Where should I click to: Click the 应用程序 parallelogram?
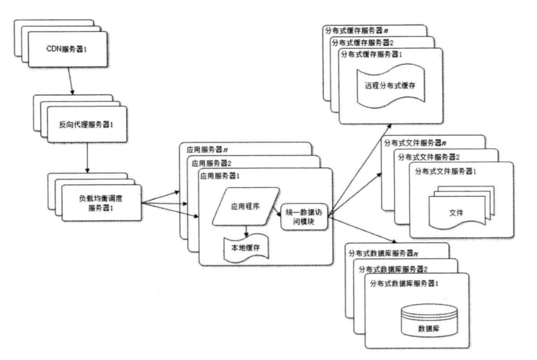(x=246, y=206)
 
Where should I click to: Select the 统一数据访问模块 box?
(x=304, y=216)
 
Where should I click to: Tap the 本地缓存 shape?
(x=246, y=247)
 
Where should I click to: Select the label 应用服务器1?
(x=220, y=176)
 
